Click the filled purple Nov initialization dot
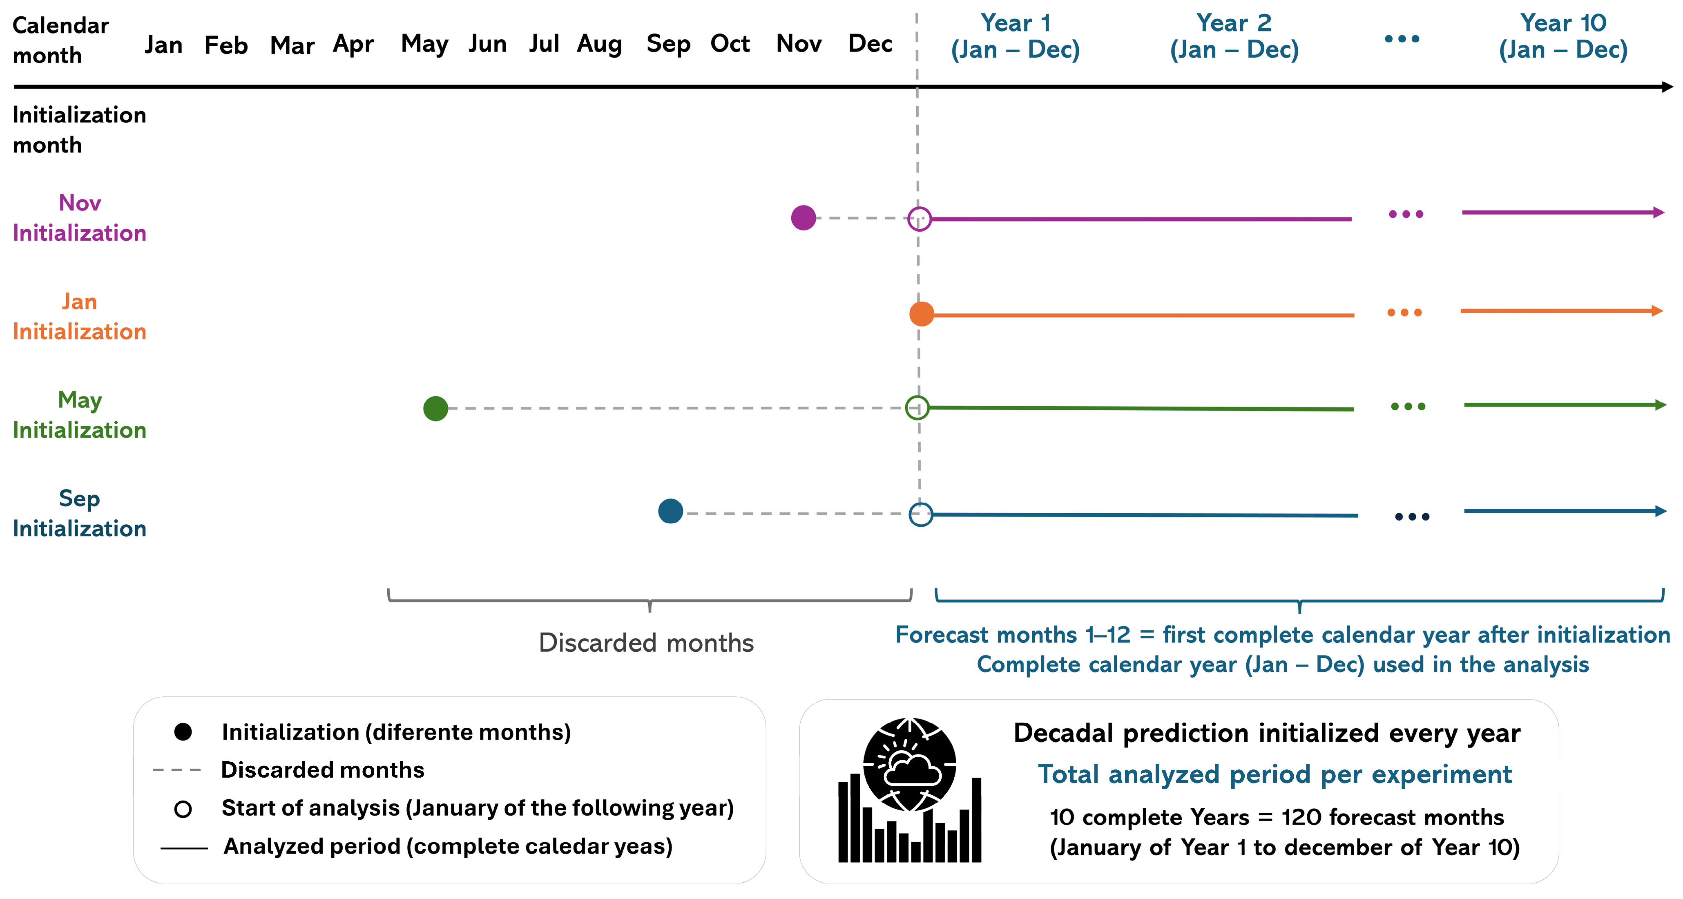pos(803,217)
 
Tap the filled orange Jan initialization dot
pos(921,314)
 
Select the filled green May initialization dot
pos(436,408)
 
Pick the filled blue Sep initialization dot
pos(670,511)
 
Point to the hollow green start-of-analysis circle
pos(917,396)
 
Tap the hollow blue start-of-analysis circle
pos(921,503)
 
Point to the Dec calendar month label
pos(870,44)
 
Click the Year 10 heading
pos(1563,37)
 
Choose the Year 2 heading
pos(1234,37)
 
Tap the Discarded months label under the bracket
pos(646,643)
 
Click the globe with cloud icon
pos(909,765)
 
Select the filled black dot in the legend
pos(183,732)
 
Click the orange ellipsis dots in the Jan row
pos(1404,312)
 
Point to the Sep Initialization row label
pos(80,514)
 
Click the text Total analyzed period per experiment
pos(1275,774)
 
